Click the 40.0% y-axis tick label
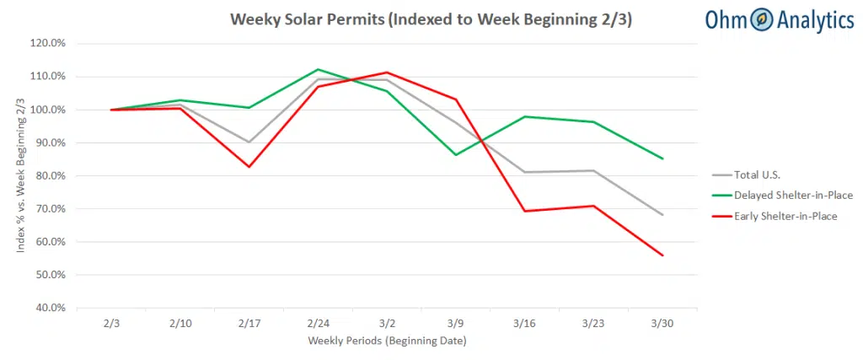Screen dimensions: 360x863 51,308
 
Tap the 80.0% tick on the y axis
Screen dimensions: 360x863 51,175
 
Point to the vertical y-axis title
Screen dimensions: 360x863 18,175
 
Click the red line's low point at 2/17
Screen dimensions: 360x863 249,167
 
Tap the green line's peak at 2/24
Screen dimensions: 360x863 318,69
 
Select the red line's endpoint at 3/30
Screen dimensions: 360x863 662,255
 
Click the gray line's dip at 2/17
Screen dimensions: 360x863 249,142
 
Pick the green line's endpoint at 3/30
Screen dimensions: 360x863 662,159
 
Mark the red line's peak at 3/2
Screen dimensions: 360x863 387,73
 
